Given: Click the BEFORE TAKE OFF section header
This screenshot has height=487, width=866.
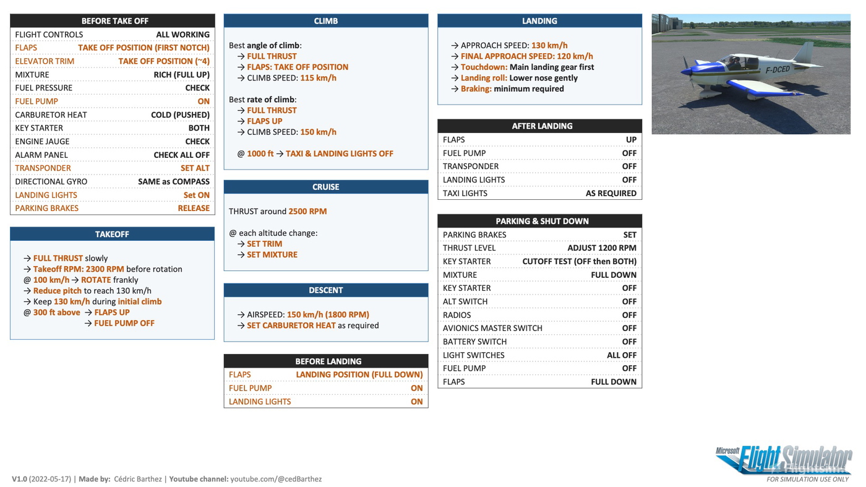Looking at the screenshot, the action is point(114,21).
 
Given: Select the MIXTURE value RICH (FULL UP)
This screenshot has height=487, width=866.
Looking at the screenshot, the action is point(181,74).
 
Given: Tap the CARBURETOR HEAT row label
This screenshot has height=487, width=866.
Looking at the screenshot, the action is point(51,114).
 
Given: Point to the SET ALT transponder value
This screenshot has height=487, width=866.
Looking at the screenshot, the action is point(195,168).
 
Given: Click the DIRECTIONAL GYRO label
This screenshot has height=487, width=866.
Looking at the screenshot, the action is point(51,182).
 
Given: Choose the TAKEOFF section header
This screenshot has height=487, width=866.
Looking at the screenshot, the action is point(112,234).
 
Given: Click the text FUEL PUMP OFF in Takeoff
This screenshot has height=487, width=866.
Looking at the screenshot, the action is point(124,323).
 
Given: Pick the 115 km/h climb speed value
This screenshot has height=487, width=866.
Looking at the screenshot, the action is point(318,78).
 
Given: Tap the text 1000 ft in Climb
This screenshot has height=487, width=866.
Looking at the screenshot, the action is point(260,153).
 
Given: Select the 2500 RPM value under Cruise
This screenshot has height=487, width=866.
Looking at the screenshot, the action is point(307,211).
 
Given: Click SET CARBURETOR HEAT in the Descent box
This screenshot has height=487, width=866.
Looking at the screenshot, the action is point(291,325).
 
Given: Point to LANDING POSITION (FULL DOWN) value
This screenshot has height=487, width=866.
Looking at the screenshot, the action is point(359,374).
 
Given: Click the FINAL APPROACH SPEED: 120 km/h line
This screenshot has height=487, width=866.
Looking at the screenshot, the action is point(526,56).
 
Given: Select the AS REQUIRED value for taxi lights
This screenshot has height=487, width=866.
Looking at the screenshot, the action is point(611,193).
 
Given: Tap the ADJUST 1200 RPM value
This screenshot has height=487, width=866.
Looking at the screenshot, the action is point(601,248).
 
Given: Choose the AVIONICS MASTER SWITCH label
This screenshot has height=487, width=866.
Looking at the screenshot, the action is point(492,328).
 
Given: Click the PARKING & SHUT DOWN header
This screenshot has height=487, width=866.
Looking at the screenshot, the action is point(542,221).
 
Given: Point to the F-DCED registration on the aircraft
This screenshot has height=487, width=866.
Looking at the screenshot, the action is point(778,69).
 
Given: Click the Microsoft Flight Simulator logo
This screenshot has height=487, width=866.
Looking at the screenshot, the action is point(784,461).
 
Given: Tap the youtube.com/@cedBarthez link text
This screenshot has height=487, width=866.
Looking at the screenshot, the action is point(276,479).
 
